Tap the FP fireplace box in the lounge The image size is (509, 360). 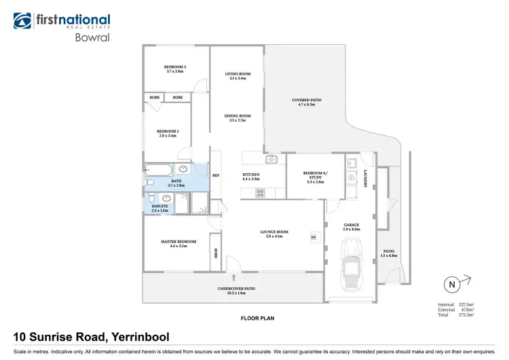[x=314, y=238]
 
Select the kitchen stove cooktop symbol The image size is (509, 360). [x=259, y=193]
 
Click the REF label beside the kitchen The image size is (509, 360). [x=216, y=175]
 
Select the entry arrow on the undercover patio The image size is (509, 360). [x=234, y=277]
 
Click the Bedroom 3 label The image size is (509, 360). [x=175, y=67]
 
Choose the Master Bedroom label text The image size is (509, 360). [x=178, y=242]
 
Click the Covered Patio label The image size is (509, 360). [x=307, y=101]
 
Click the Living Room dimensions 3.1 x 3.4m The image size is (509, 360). [x=238, y=79]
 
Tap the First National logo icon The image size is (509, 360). [x=23, y=20]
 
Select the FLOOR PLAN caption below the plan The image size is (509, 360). [x=258, y=318]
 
